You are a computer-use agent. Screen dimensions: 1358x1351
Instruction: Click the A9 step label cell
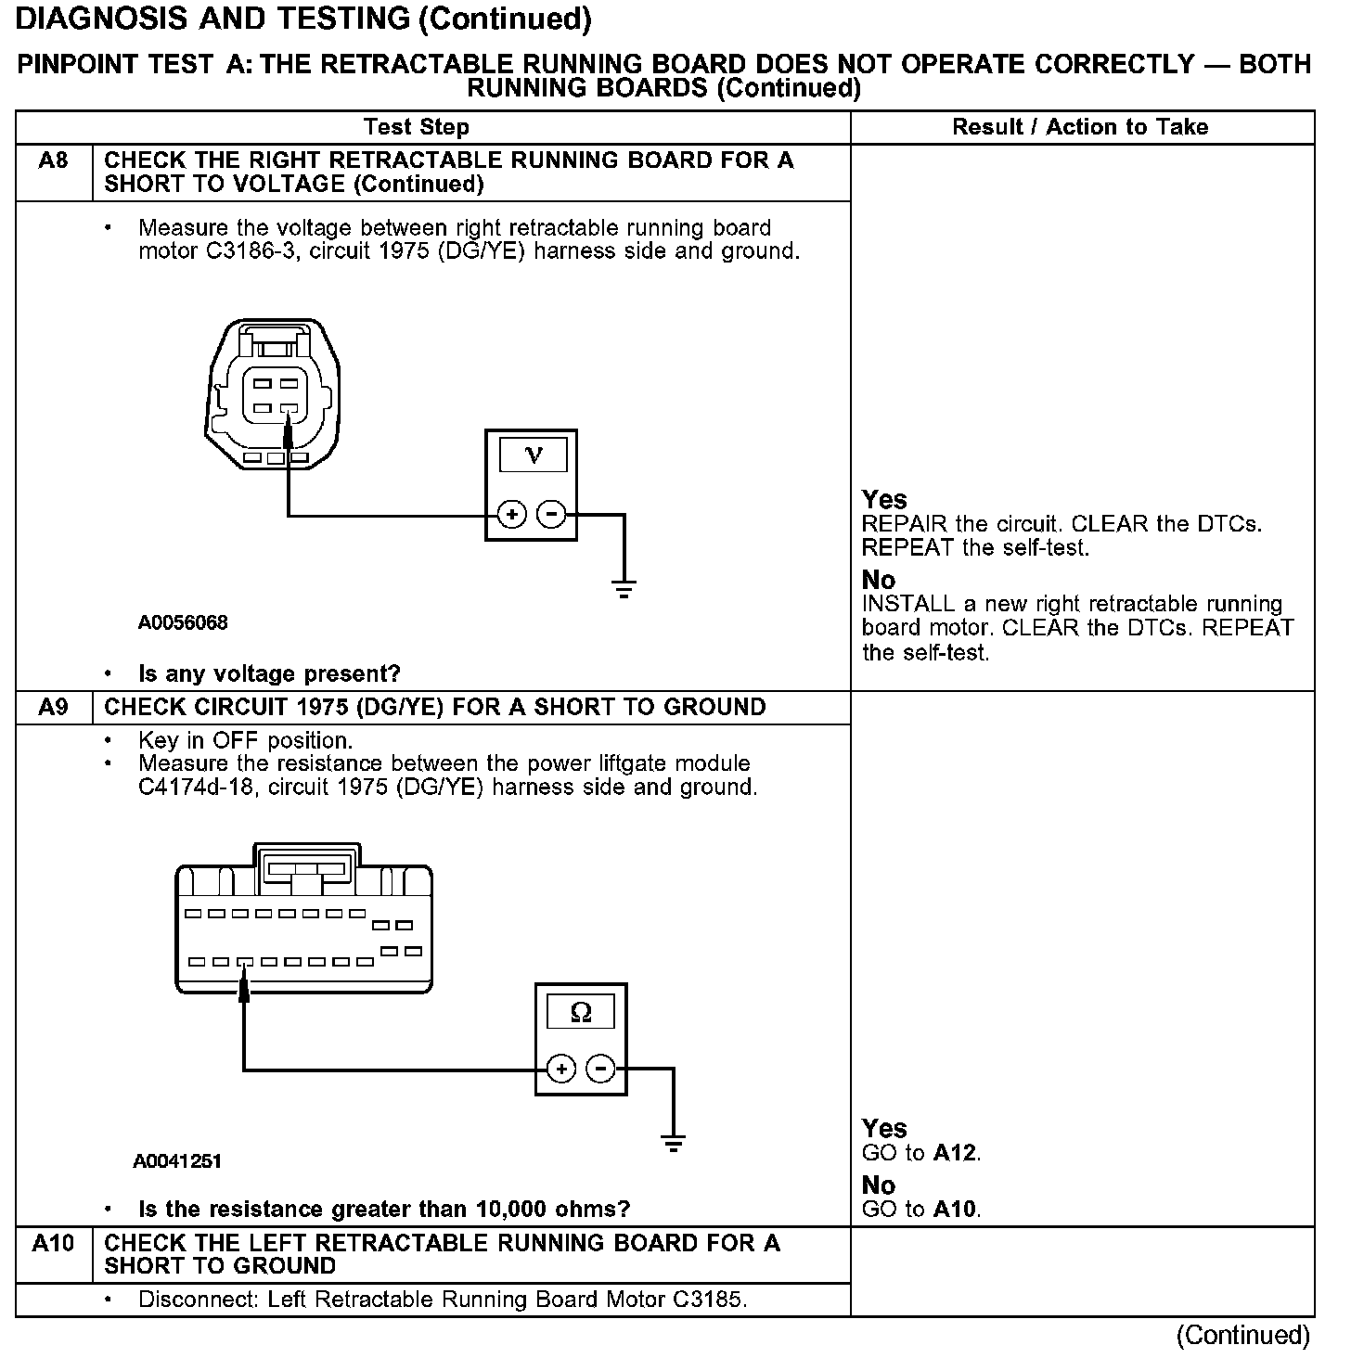coord(53,708)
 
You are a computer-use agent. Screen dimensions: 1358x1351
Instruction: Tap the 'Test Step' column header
coord(417,127)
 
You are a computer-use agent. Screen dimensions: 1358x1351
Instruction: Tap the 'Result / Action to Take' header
coord(1080,127)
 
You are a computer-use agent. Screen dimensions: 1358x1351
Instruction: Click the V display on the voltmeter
coord(533,455)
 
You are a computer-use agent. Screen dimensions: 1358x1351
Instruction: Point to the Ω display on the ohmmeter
coord(581,1011)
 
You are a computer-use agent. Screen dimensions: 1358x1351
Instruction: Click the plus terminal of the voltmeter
coord(512,514)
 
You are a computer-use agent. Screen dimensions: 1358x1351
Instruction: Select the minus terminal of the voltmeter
coord(551,514)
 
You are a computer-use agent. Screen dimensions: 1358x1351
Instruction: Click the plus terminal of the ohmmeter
coord(561,1070)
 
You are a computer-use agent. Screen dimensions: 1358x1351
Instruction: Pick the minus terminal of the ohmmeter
coord(601,1070)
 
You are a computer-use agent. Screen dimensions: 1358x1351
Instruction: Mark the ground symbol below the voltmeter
coord(624,588)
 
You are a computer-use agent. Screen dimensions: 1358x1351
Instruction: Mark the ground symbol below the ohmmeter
coord(674,1143)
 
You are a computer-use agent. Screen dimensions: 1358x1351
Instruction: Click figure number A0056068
coord(183,622)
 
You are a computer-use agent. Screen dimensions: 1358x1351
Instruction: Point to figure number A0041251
coord(177,1160)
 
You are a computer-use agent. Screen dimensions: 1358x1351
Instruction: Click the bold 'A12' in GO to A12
coord(956,1153)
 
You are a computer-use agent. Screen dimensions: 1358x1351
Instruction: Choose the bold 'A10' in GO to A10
coord(956,1209)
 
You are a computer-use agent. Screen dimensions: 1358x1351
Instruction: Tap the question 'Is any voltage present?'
coord(269,673)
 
